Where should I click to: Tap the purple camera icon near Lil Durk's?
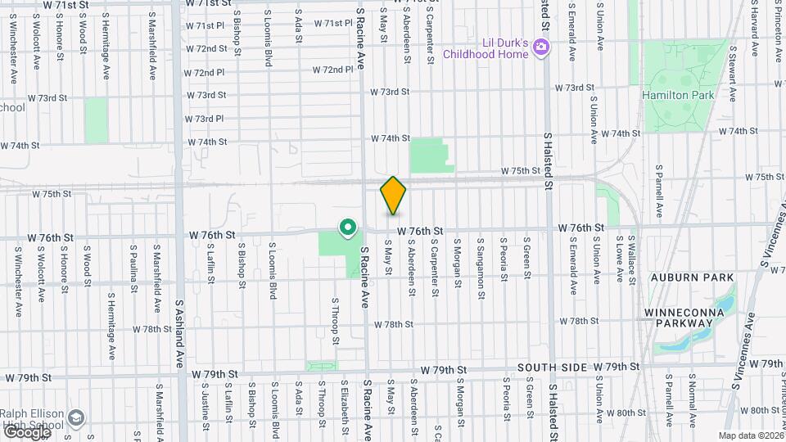coord(540,47)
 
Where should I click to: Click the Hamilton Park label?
coord(678,95)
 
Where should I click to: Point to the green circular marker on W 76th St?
coord(348,227)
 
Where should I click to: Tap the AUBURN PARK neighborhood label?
coord(692,277)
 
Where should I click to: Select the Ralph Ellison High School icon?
coord(76,418)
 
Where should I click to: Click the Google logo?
coord(26,431)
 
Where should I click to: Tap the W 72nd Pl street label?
coord(205,73)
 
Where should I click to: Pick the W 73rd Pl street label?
coord(205,119)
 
